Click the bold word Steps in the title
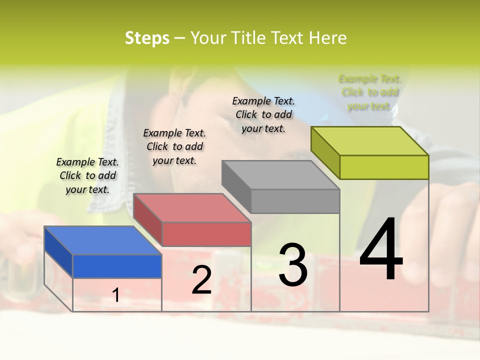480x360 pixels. (x=147, y=38)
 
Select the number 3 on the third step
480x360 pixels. (x=293, y=265)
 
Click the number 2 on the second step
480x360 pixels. (x=201, y=280)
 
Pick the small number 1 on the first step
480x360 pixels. (x=116, y=295)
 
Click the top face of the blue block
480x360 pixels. (x=102, y=240)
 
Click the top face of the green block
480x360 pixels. (x=370, y=141)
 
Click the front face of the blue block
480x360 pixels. (x=117, y=266)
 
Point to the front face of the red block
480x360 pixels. (x=206, y=234)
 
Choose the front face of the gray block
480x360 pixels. (x=295, y=201)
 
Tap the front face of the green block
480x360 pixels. (x=384, y=167)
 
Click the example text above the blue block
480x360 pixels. (x=87, y=175)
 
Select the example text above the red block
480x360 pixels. (x=174, y=146)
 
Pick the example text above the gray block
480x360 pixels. (x=263, y=114)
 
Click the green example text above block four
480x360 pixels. (x=369, y=92)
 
